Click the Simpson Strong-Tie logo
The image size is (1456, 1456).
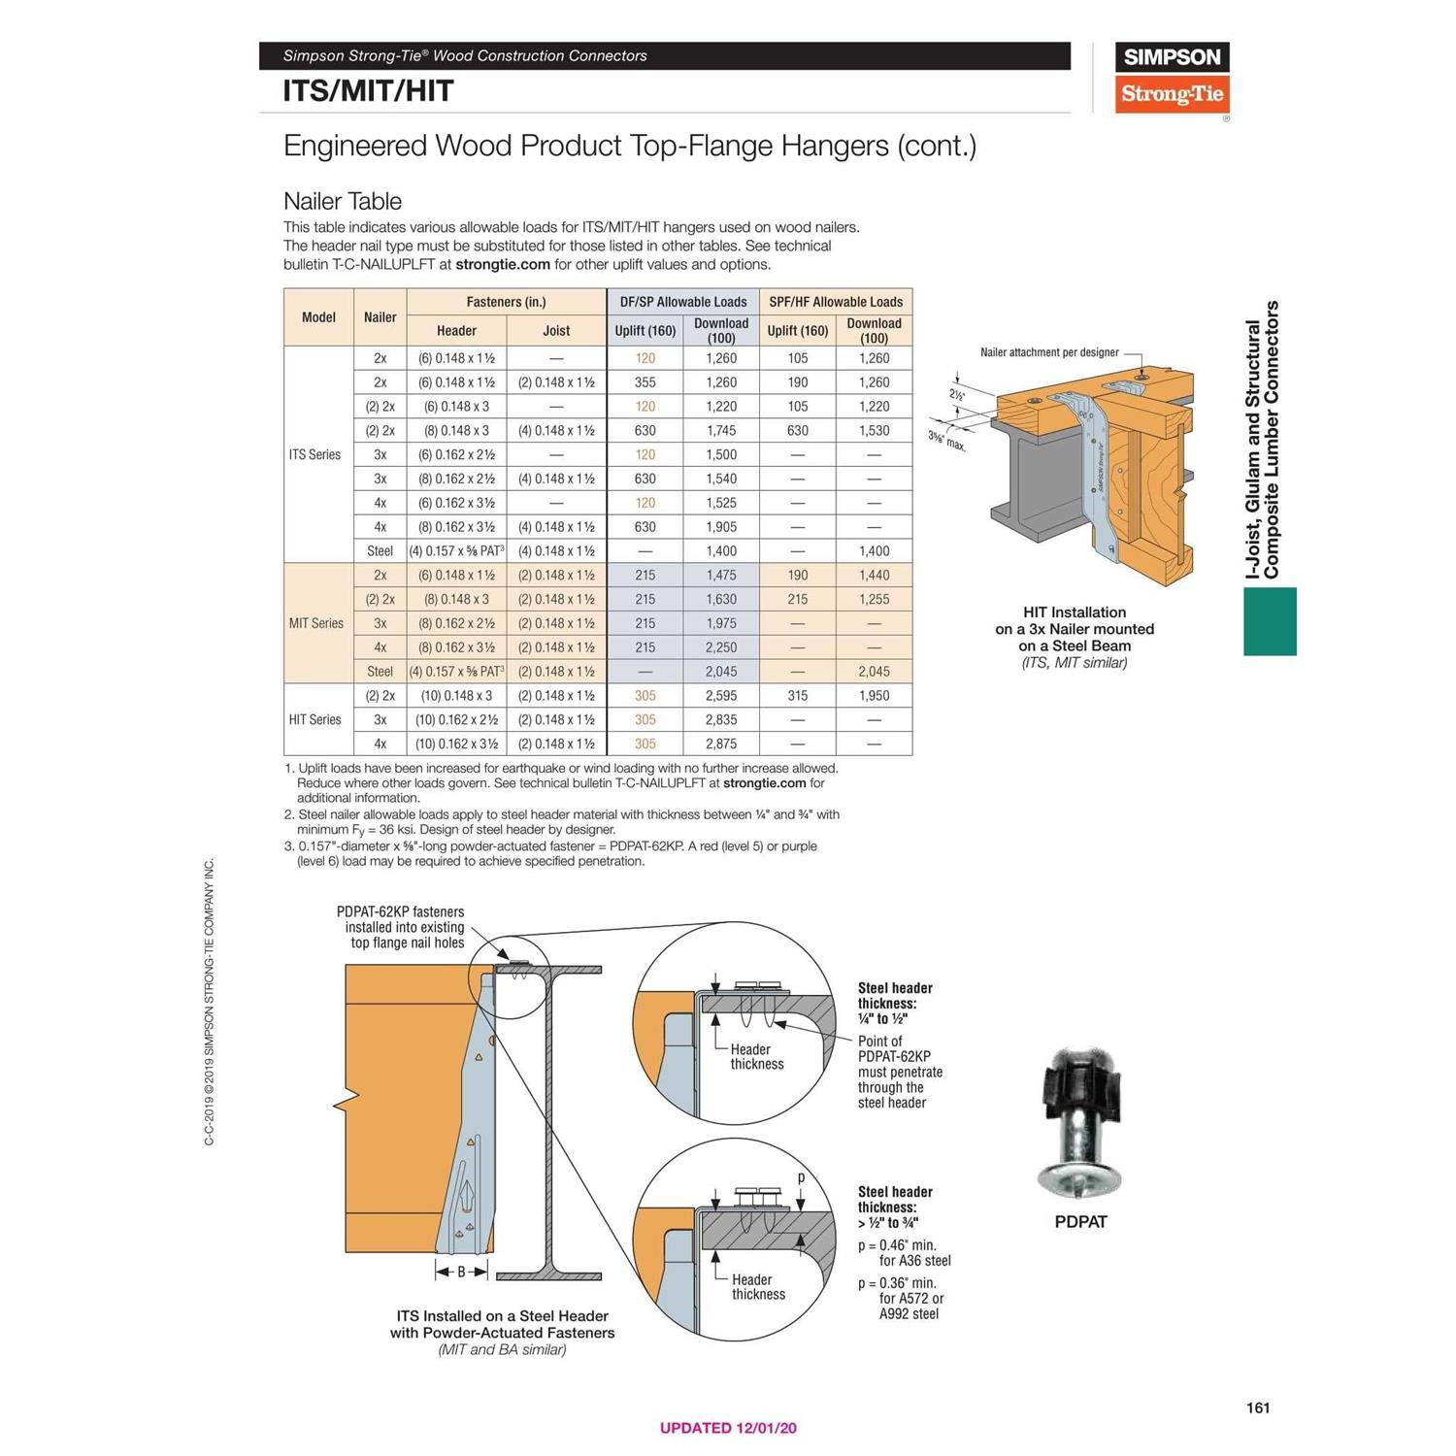(x=1172, y=78)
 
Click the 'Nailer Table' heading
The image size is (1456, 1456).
(x=342, y=201)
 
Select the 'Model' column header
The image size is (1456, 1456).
(x=318, y=317)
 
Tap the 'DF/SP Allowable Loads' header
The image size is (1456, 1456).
(x=683, y=302)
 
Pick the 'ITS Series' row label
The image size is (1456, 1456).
(x=314, y=454)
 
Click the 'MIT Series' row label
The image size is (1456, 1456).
(x=315, y=623)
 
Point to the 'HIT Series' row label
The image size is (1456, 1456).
(x=314, y=719)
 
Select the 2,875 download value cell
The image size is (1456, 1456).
(x=720, y=744)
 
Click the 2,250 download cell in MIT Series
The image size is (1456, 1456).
(x=720, y=647)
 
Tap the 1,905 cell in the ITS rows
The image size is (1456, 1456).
(x=720, y=527)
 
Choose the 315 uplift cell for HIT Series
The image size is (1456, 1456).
(x=797, y=695)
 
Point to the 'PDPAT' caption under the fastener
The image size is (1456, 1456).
(x=1080, y=1222)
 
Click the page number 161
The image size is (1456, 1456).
(x=1258, y=1407)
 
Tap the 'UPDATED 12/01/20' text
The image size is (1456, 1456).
(x=728, y=1428)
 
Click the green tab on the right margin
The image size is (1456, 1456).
(x=1270, y=621)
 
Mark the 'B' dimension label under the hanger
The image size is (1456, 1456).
(x=461, y=1272)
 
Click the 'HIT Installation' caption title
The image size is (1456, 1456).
(x=1075, y=612)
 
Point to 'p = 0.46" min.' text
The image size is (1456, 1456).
(x=897, y=1245)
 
